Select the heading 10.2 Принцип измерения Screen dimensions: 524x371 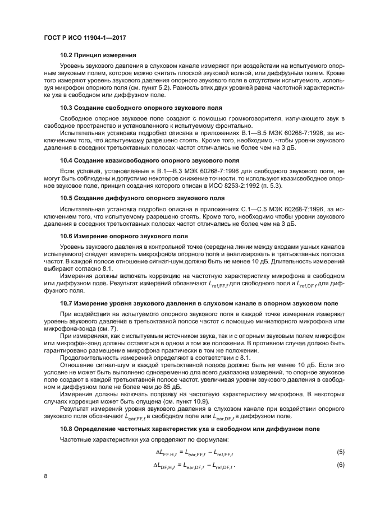(x=98, y=55)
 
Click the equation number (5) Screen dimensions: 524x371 (x=340, y=452)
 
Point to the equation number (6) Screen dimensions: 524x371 (x=340, y=465)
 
